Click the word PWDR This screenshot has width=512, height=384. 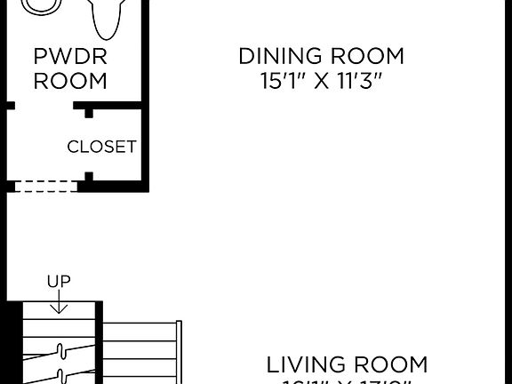[x=70, y=57]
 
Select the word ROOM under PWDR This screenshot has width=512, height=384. [x=70, y=81]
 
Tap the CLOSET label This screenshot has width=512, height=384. [x=101, y=147]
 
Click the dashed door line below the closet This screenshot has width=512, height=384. [x=44, y=187]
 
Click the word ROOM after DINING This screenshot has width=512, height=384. [x=366, y=57]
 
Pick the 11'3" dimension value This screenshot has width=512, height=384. [x=362, y=82]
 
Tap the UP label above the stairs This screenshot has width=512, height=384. [x=59, y=282]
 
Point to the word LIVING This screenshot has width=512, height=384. [x=307, y=364]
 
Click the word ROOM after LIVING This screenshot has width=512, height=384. [x=394, y=364]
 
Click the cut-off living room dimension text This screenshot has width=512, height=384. [x=347, y=381]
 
